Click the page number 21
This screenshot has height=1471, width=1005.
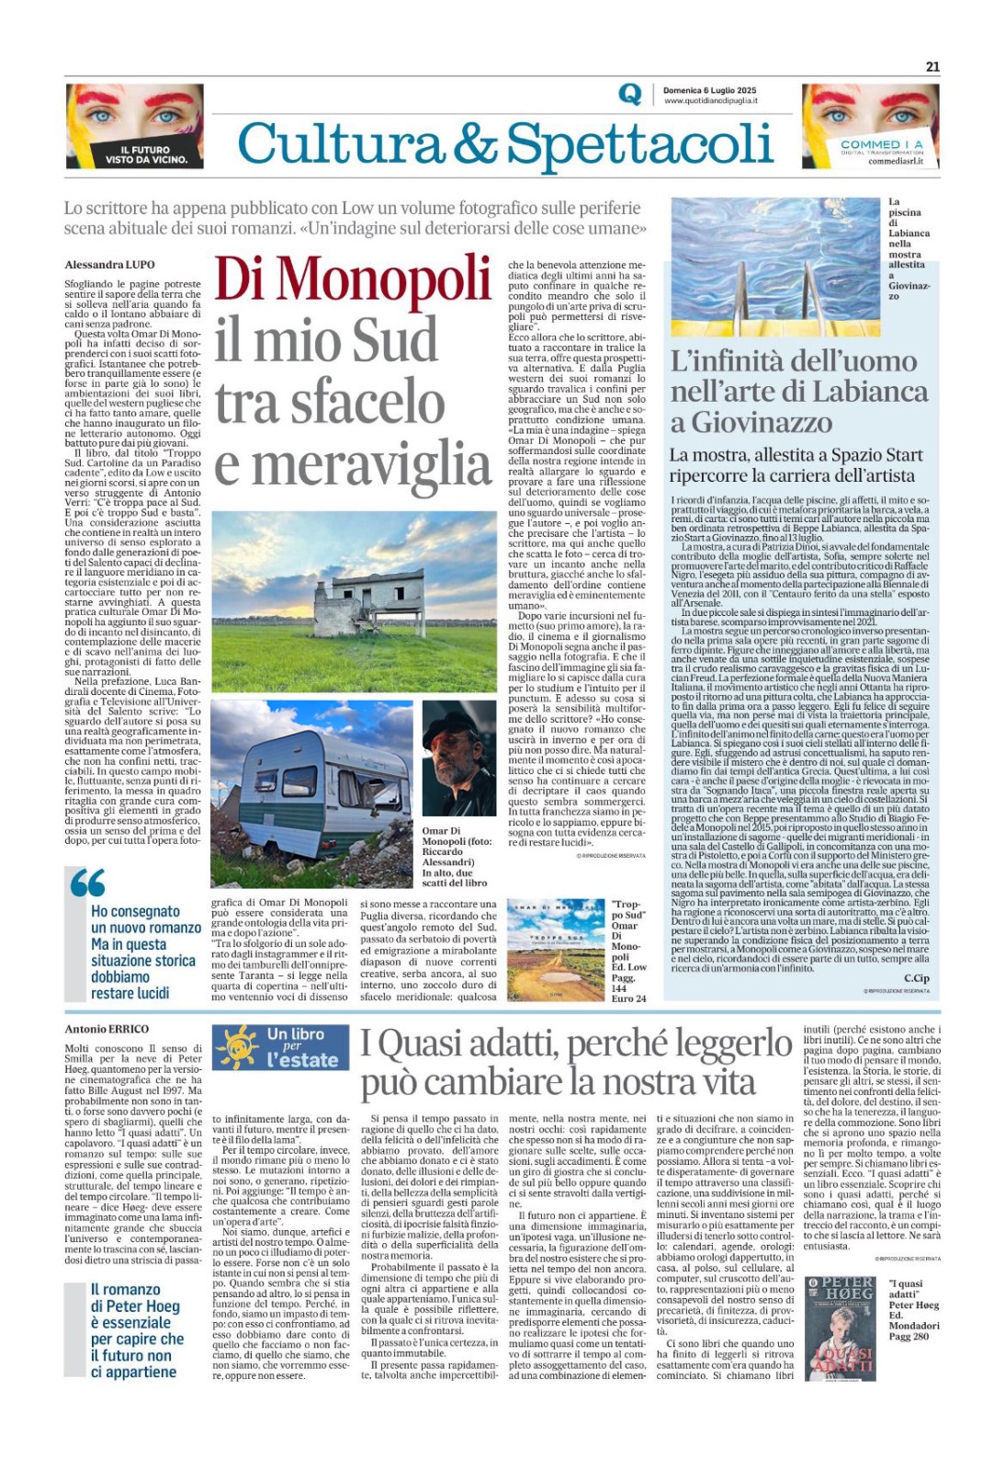(932, 66)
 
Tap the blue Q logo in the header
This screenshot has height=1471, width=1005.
(630, 95)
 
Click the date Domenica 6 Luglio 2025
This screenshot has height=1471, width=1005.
(709, 90)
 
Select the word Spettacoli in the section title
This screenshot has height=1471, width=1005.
(639, 145)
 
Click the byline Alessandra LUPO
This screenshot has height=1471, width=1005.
(109, 265)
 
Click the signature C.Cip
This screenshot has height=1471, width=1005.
(916, 977)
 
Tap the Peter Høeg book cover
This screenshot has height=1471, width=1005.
(840, 1328)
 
